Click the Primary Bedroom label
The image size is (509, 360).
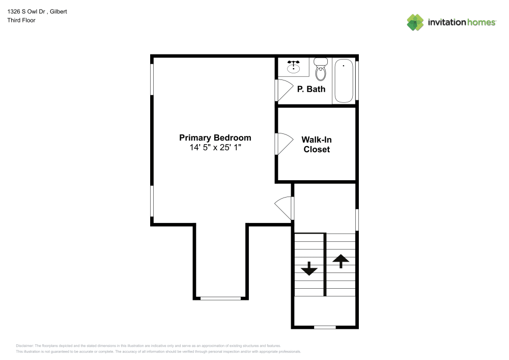pyautogui.click(x=215, y=138)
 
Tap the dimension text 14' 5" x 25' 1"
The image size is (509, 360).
pyautogui.click(x=215, y=147)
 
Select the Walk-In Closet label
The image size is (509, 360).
pyautogui.click(x=317, y=145)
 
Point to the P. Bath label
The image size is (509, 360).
pyautogui.click(x=311, y=89)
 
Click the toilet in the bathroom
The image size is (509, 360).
pyautogui.click(x=321, y=69)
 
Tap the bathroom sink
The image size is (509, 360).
pyautogui.click(x=294, y=67)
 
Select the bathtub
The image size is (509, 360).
pyautogui.click(x=344, y=81)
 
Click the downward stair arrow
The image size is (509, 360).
pyautogui.click(x=309, y=269)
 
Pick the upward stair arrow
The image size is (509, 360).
pyautogui.click(x=341, y=261)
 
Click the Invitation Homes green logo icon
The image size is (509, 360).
pyautogui.click(x=415, y=22)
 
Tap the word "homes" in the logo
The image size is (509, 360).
pyautogui.click(x=481, y=22)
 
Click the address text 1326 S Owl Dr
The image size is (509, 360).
pyautogui.click(x=26, y=12)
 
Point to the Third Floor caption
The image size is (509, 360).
pyautogui.click(x=21, y=20)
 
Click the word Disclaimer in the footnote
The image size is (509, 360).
pyautogui.click(x=24, y=346)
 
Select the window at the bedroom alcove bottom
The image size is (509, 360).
pyautogui.click(x=221, y=298)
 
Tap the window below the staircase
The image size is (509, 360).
pyautogui.click(x=325, y=327)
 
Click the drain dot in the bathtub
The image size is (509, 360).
pyautogui.click(x=344, y=66)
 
